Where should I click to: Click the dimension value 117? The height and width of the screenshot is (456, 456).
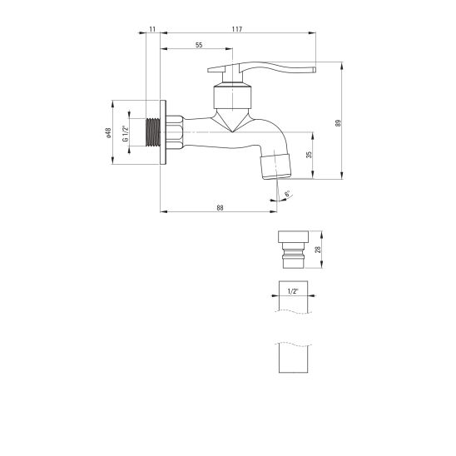pyautogui.click(x=237, y=29)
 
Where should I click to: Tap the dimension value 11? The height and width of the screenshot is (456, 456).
pyautogui.click(x=152, y=29)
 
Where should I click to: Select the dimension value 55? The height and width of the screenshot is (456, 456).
pyautogui.click(x=199, y=45)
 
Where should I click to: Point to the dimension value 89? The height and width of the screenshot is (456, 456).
pyautogui.click(x=338, y=123)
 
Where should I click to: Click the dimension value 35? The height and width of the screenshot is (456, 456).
pyautogui.click(x=309, y=155)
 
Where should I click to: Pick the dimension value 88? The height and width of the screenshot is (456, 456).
pyautogui.click(x=221, y=208)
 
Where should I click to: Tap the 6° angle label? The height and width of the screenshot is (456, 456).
pyautogui.click(x=287, y=194)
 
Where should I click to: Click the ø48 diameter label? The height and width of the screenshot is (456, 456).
pyautogui.click(x=108, y=132)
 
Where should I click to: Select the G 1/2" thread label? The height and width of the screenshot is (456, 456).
pyautogui.click(x=125, y=133)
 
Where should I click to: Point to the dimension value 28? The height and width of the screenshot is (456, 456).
pyautogui.click(x=318, y=250)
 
